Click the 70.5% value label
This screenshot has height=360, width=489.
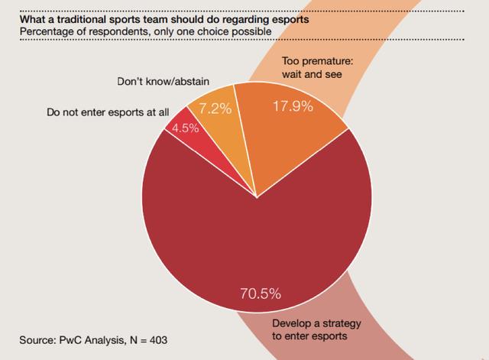(x=260, y=294)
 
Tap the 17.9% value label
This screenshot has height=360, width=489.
(x=293, y=107)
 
